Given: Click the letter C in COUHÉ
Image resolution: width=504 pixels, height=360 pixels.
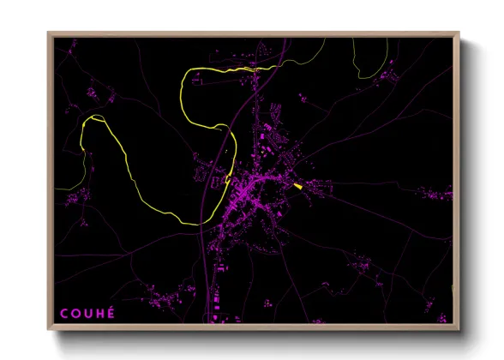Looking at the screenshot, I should pos(63,314).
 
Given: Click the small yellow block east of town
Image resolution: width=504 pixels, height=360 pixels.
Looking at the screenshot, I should pos(297,185).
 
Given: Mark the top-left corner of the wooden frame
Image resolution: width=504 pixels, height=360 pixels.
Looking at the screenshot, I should pos(48,33).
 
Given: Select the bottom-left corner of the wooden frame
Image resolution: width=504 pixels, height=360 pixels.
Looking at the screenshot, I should pos(48,330).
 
